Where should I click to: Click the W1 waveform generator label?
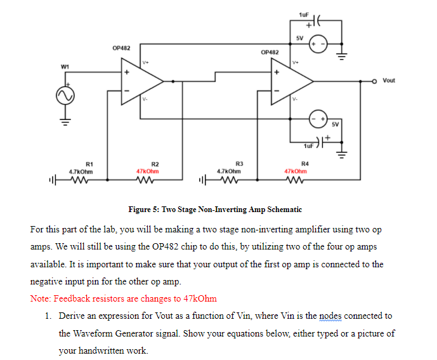pyautogui.click(x=65, y=66)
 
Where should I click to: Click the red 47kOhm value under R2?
pyautogui.click(x=148, y=171)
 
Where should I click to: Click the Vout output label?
pyautogui.click(x=389, y=81)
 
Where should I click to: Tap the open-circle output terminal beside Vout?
pyautogui.click(x=375, y=81)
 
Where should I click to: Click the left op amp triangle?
pyautogui.click(x=143, y=81)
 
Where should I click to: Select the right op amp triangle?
pyautogui.click(x=292, y=81)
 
